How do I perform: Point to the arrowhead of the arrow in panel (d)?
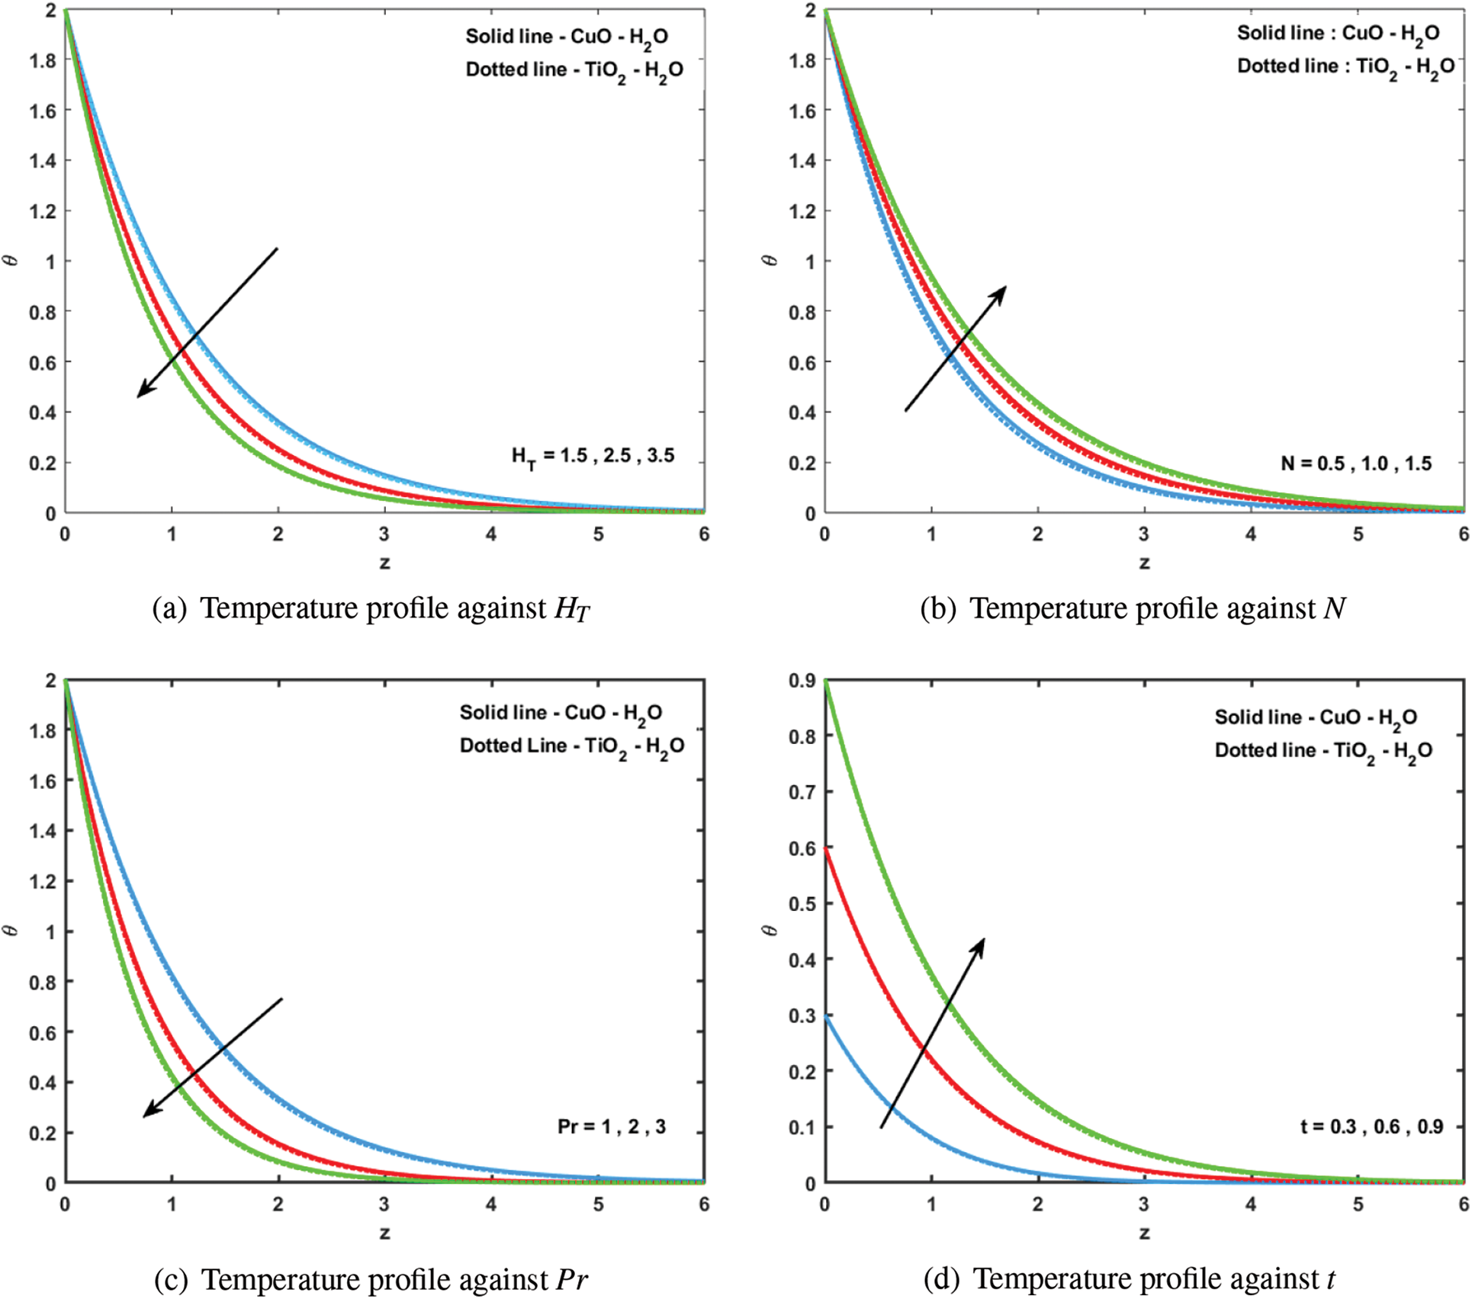[980, 944]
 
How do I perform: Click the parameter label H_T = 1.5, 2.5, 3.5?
[593, 457]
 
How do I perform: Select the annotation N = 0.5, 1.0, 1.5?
[1356, 463]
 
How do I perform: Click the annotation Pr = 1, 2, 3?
[612, 1127]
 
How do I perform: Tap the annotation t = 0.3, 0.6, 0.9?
[1371, 1127]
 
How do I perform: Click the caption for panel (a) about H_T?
[371, 608]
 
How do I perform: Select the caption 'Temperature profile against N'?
[1133, 608]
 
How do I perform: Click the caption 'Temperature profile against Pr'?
[371, 1279]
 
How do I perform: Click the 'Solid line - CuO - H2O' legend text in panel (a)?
[567, 37]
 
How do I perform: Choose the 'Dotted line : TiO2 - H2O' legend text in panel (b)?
[1345, 67]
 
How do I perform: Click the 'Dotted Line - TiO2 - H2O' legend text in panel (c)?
[571, 746]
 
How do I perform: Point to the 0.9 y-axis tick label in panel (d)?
[802, 681]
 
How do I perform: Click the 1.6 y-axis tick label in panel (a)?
[43, 111]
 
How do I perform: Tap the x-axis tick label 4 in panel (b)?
[1251, 534]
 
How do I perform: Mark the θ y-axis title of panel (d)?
[770, 930]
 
